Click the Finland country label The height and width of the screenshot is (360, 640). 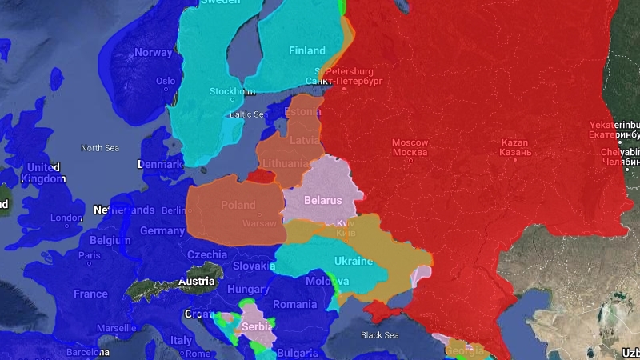coord(306,50)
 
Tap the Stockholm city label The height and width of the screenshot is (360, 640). coord(232,91)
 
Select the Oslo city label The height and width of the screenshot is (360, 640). coord(166,81)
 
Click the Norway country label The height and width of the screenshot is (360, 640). coord(153,53)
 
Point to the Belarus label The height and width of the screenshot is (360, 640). coord(322,200)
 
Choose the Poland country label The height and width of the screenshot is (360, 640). coord(238,205)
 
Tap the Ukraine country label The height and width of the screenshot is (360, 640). coord(353,262)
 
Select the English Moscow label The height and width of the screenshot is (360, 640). coord(410,142)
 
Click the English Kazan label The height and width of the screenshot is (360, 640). coord(514,142)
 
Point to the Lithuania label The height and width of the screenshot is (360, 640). coord(285,163)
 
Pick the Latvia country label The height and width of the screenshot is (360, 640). coord(306,140)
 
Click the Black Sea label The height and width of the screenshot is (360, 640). coord(378,335)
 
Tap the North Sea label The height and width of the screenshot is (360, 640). coord(99,148)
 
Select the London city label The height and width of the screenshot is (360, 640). coord(66,218)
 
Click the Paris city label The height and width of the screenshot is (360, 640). coord(90,256)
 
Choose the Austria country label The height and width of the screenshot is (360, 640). coord(196,281)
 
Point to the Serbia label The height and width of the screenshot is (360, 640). coord(257,326)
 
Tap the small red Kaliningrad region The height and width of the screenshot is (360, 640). coord(258,175)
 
